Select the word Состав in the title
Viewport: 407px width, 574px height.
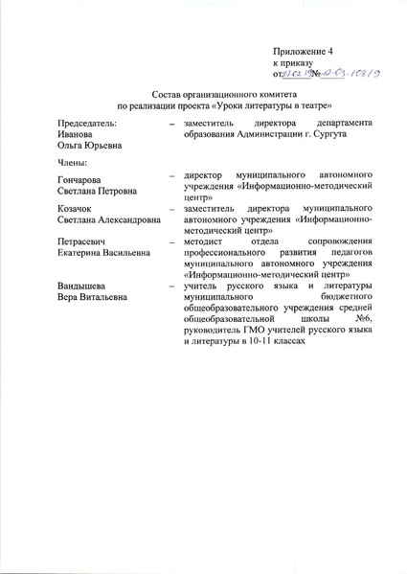pyautogui.click(x=170, y=99)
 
